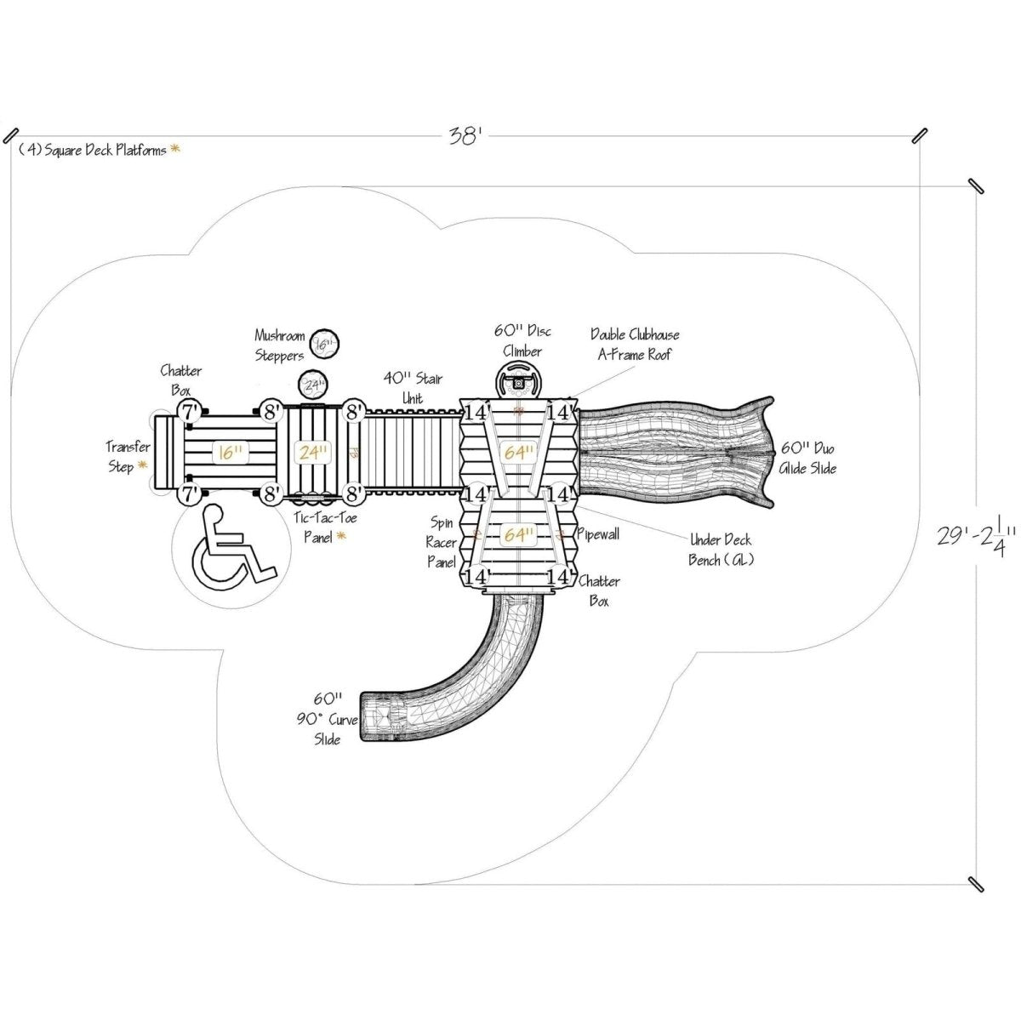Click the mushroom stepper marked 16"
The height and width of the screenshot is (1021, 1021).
[x=324, y=344]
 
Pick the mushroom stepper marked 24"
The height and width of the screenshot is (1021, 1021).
[x=314, y=384]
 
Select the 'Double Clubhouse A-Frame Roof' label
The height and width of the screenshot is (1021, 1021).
[x=636, y=345]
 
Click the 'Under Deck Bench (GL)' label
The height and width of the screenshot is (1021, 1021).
[x=720, y=550]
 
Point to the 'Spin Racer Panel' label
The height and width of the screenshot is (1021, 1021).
[x=442, y=542]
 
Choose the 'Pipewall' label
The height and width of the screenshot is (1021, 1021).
[x=599, y=533]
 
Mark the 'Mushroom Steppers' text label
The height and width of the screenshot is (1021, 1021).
[x=280, y=345]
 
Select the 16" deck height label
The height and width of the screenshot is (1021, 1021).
[x=228, y=452]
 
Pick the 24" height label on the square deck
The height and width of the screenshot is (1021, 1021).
[x=313, y=452]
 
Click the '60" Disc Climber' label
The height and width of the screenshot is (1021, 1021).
[x=522, y=339]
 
